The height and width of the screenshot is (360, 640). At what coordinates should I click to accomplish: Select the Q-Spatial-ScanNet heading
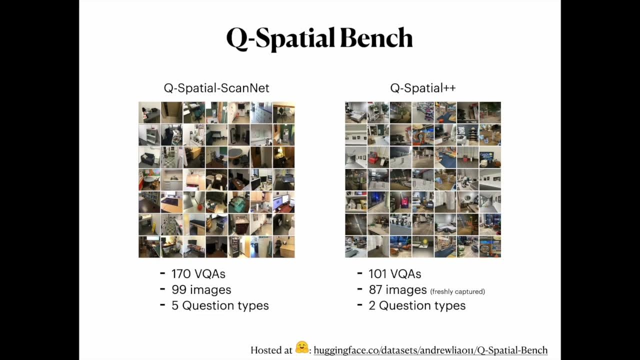[216, 88]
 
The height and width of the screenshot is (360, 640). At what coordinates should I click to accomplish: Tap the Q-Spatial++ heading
[423, 88]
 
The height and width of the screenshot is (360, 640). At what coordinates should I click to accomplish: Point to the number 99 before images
[178, 290]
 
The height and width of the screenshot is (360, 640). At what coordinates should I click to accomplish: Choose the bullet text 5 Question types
[220, 305]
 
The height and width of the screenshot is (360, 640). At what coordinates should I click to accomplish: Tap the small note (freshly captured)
[457, 291]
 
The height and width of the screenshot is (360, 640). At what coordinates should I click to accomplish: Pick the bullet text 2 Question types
[417, 305]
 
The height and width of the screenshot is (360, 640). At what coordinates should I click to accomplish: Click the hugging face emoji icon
[302, 348]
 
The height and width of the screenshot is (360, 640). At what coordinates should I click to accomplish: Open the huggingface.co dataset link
[430, 350]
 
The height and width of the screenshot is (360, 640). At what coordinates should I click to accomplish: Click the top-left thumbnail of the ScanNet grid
[149, 112]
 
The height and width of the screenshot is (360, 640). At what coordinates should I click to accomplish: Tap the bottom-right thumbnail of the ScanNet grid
[283, 246]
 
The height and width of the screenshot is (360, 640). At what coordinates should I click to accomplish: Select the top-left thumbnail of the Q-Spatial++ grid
[355, 112]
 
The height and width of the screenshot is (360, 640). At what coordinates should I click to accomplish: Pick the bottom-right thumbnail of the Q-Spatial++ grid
[490, 246]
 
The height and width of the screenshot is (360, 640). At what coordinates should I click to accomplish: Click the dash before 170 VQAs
[162, 274]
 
